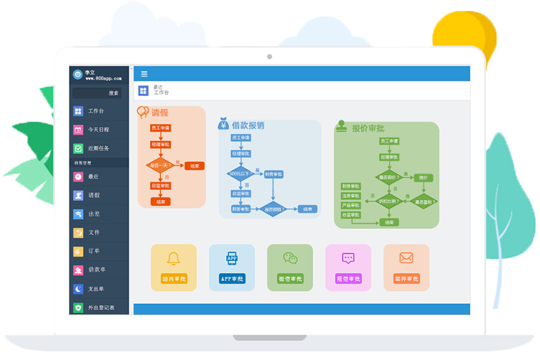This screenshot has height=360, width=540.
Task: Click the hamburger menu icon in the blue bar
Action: pos(144,74)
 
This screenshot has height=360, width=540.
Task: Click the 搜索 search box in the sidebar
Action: pos(101,93)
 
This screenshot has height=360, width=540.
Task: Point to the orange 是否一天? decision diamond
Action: pos(161,165)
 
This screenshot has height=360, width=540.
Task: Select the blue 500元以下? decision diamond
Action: pos(240,174)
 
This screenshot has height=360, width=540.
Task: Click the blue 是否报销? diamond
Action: pos(274,209)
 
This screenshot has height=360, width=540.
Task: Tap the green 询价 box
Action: pos(423,178)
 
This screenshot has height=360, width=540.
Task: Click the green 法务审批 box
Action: pos(351,196)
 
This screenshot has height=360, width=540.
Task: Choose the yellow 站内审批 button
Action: pos(174,278)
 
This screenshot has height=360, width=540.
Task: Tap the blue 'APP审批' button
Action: pos(232,278)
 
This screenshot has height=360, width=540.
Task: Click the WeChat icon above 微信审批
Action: pos(290,258)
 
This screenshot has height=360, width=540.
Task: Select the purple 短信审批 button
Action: pos(348,278)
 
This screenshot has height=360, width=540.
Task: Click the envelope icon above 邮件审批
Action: pos(406,258)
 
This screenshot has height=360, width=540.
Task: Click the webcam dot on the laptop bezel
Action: pos(269,57)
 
